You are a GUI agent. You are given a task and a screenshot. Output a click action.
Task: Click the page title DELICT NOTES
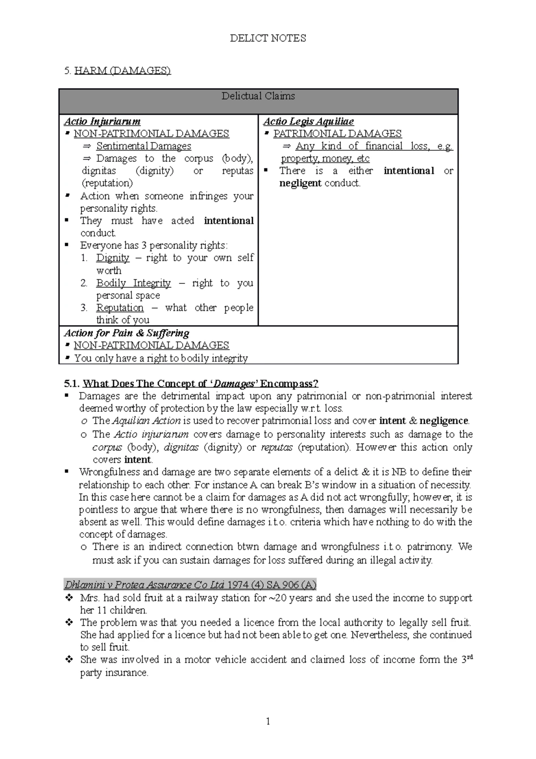[x=268, y=38]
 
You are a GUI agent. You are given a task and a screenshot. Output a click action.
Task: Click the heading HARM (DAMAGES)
[x=122, y=71]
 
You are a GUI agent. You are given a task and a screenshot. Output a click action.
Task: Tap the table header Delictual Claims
[x=258, y=96]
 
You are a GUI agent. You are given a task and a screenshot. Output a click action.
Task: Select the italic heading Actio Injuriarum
[x=102, y=122]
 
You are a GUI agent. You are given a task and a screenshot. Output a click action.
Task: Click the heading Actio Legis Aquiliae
[x=308, y=122]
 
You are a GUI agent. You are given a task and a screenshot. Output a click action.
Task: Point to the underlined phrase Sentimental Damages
[x=143, y=146]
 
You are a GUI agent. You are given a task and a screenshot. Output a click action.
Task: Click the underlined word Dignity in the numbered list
[x=113, y=258]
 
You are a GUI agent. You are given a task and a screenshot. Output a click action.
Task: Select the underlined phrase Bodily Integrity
[x=133, y=283]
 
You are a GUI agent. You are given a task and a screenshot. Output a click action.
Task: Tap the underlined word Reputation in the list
[x=120, y=308]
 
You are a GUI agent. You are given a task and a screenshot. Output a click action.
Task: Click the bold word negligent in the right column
[x=300, y=183]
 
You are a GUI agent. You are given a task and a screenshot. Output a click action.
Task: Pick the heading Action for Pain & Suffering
[x=126, y=333]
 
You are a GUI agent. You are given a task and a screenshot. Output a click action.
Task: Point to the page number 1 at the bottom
[x=268, y=721]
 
